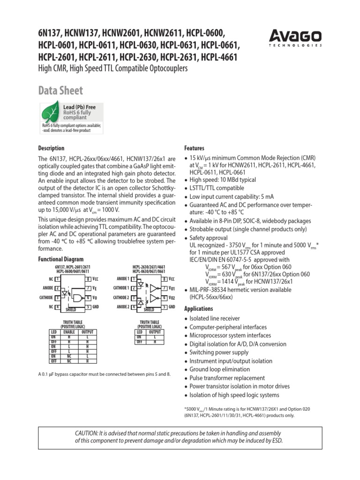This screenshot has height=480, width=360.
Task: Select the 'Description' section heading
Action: pyautogui.click(x=51, y=148)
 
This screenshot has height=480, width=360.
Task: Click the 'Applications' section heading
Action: pyautogui.click(x=199, y=309)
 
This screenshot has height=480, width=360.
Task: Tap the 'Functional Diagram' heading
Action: pyautogui.click(x=60, y=259)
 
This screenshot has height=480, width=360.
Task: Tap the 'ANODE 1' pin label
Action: pyautogui.click(x=121, y=279)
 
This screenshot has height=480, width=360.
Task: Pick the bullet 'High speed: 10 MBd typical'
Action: pyautogui.click(x=222, y=180)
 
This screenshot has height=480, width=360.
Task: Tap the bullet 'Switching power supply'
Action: pyautogui.click(x=218, y=352)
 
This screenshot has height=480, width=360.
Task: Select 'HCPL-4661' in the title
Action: pyautogui.click(x=219, y=57)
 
